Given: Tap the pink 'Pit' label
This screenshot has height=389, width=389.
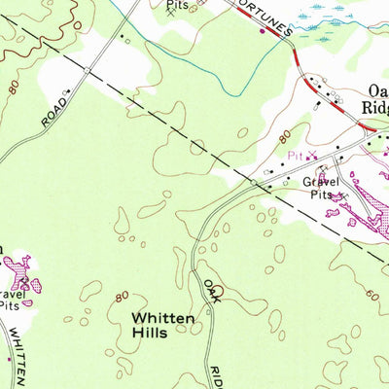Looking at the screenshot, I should pos(295,155).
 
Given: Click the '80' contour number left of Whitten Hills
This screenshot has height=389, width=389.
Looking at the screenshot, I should pos(122,296).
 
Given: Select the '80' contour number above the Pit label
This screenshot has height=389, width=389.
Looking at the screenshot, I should pos(283,133).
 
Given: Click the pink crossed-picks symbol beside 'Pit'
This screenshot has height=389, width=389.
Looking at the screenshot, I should pos(313,156).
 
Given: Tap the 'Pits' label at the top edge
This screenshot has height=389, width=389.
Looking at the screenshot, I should pos(176,4).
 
